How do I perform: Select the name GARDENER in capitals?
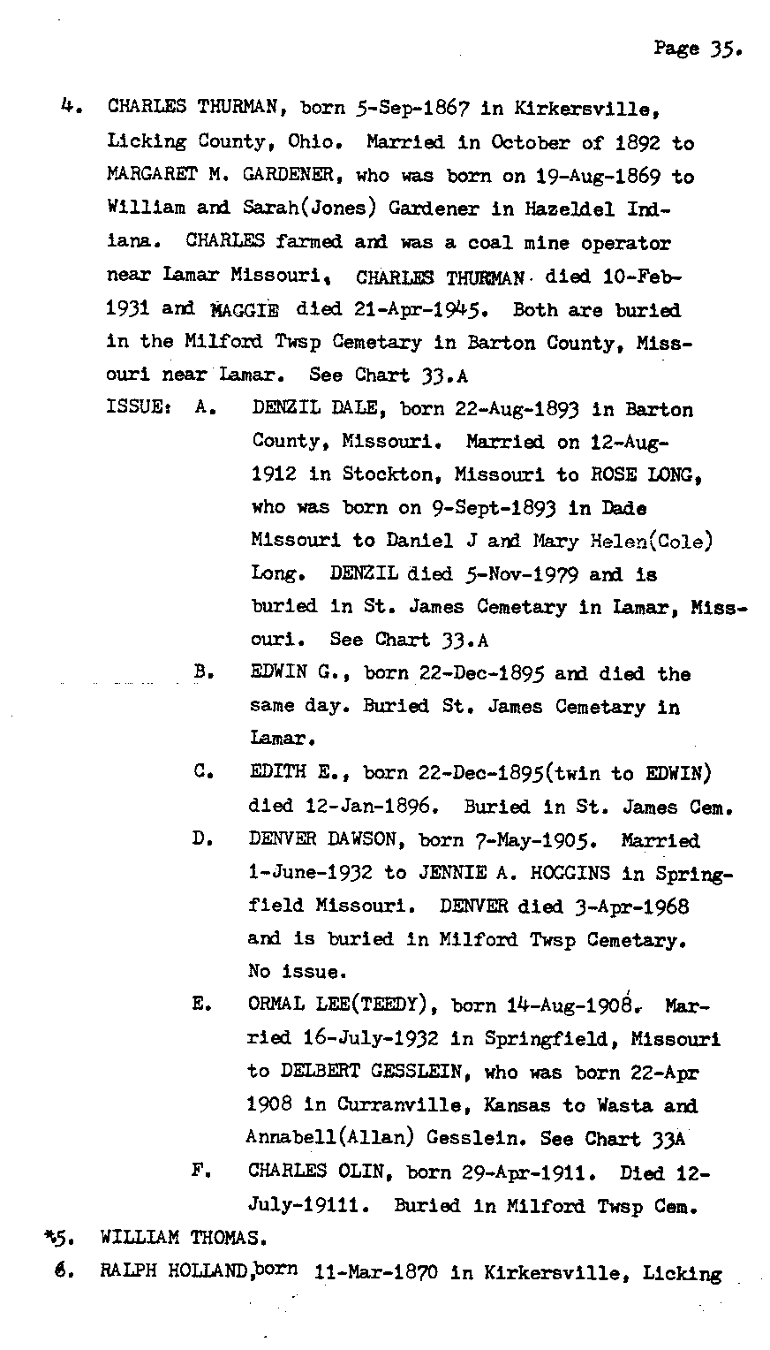(x=280, y=176)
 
